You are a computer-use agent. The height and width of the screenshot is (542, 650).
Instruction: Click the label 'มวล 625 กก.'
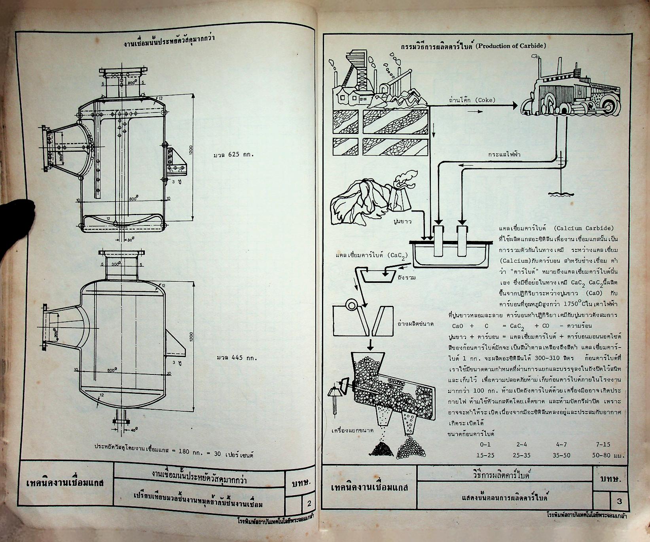[233, 155]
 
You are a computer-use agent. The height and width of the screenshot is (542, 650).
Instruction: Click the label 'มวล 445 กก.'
[237, 359]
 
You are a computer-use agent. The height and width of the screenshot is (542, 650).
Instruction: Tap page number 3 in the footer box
[619, 501]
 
